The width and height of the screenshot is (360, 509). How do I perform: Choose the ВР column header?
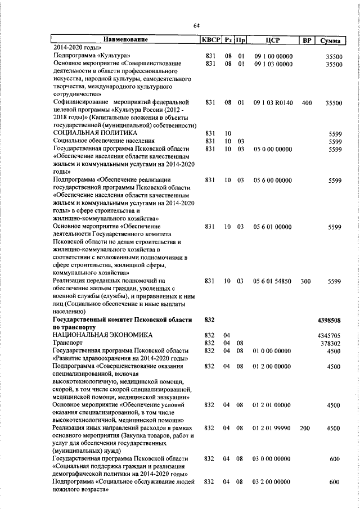coord(306,40)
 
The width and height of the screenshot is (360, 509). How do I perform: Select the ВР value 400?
coord(306,103)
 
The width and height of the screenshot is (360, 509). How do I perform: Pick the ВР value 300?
coord(306,281)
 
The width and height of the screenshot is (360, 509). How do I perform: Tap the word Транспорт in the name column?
coord(67,343)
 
